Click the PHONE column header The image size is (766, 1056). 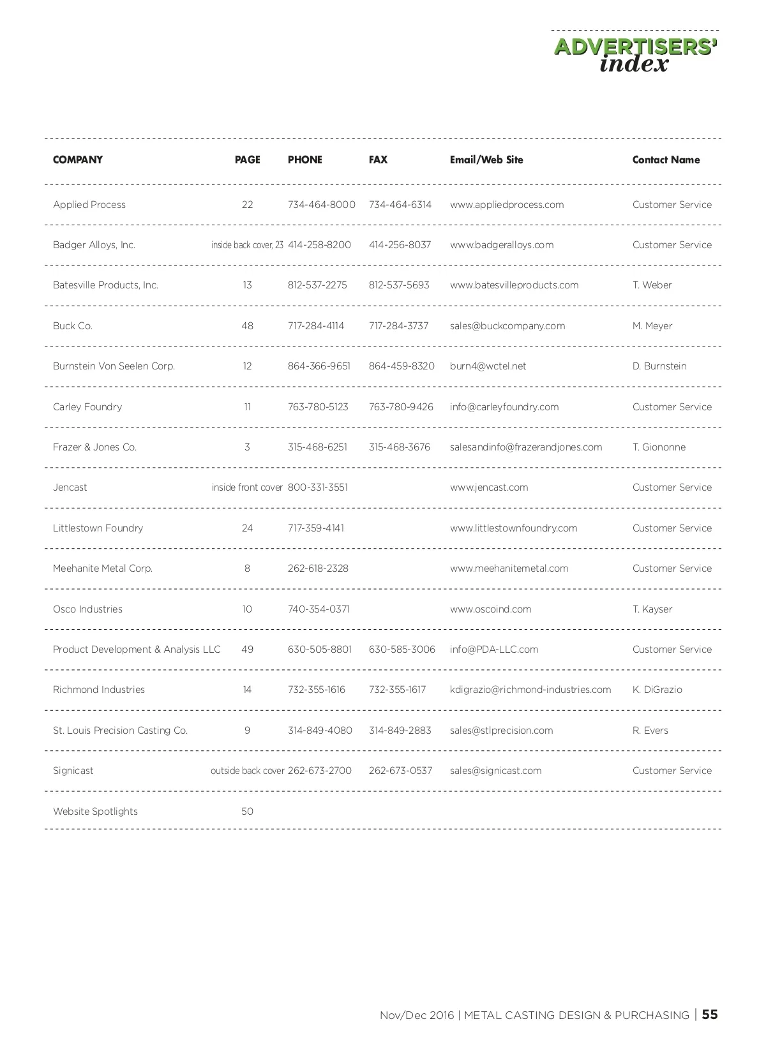point(304,160)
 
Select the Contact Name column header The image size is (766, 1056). point(666,160)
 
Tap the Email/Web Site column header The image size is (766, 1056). point(486,160)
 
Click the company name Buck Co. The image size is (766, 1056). point(73,326)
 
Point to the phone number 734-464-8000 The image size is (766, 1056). point(321,205)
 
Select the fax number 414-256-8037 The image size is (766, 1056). point(400,245)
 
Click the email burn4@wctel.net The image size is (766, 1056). point(488,366)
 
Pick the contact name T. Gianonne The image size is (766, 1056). point(659,447)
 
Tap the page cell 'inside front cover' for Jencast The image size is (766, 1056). point(247,487)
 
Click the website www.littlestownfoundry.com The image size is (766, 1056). point(513,528)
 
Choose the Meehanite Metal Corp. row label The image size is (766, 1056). point(103,569)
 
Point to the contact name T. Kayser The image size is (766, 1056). point(652,609)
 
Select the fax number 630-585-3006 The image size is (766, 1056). point(402,650)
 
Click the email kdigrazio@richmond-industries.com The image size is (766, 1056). point(530,690)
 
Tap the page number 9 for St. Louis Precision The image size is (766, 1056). point(247,731)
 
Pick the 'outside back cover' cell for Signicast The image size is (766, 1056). point(247,771)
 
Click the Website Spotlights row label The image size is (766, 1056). point(95,812)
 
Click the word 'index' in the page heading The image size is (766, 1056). point(634,64)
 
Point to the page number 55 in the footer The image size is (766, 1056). point(710,1015)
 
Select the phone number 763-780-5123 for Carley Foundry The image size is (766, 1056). point(318,407)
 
